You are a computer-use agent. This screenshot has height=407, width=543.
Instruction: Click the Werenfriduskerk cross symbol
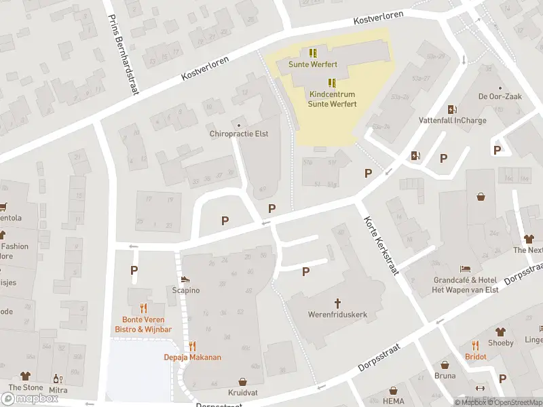pos(338,303)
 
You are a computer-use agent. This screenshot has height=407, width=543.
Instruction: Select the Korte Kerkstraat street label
pos(380,246)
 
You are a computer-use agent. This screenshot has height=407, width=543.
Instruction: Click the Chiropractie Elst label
pos(239,134)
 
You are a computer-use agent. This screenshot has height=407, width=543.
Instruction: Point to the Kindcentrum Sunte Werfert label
pos(328,100)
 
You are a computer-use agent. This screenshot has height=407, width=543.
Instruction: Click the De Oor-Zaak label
pos(500,97)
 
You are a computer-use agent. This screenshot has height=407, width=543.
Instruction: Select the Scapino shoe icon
pos(185,279)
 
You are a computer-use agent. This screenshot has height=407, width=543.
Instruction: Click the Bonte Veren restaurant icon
pos(143,307)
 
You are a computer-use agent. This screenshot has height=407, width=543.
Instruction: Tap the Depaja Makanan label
pos(192,357)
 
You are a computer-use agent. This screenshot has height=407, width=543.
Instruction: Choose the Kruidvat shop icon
pos(243,382)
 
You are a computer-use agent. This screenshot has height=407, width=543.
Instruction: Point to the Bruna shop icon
pos(445,365)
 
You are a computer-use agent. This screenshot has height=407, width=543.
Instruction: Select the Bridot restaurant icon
pos(475,345)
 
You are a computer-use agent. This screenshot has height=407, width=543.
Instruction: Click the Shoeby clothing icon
pos(500,332)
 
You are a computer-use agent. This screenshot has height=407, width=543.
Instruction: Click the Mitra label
pos(59,389)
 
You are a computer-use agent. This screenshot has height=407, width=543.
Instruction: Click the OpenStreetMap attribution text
pos(515,402)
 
